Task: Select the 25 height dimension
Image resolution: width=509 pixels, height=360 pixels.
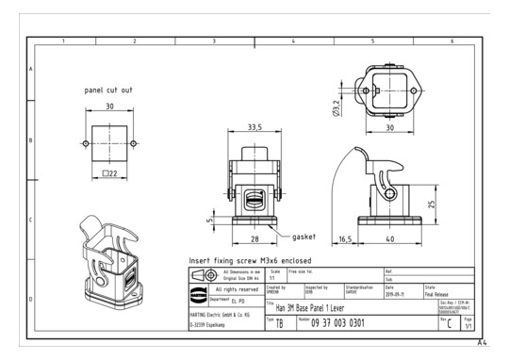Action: [431, 204]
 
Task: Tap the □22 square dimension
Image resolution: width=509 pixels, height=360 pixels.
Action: [109, 173]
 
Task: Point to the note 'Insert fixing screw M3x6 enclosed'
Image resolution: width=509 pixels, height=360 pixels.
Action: [251, 260]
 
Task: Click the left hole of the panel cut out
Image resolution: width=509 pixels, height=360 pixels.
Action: [86, 143]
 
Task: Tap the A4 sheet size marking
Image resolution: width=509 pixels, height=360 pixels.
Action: [482, 343]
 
